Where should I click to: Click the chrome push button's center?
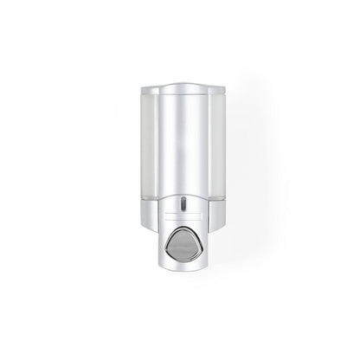[x=180, y=266]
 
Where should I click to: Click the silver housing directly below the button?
[x=180, y=289]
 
